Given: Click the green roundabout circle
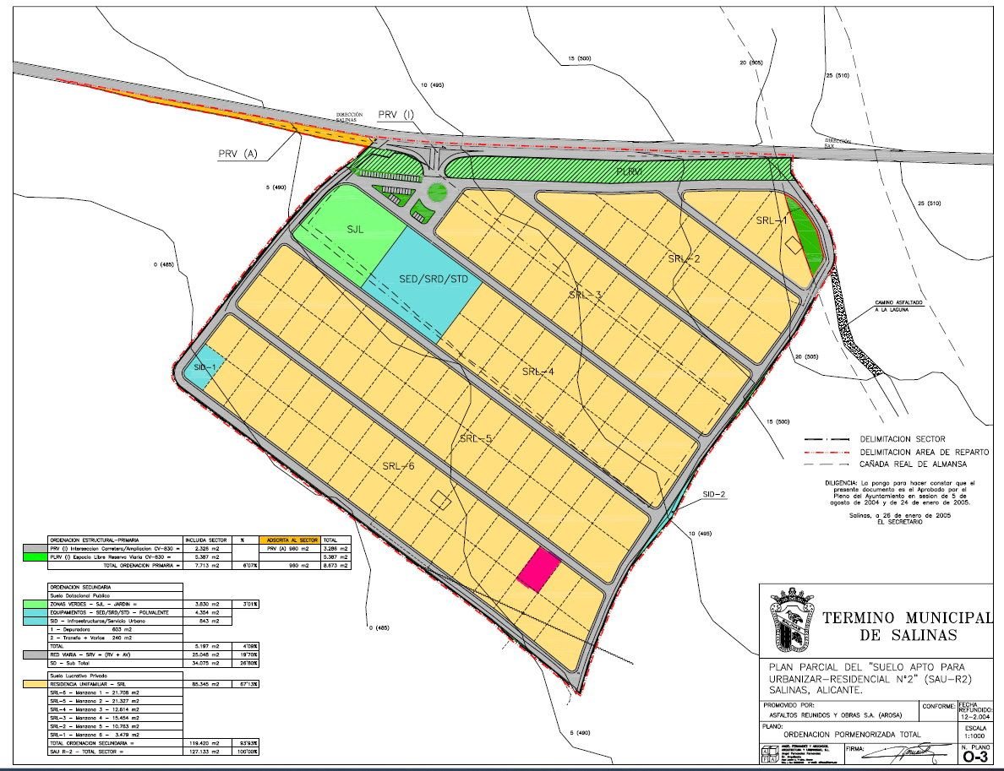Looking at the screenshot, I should point(437,192).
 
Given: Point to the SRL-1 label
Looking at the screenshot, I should point(771,220).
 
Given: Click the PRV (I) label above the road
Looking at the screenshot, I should point(397,114).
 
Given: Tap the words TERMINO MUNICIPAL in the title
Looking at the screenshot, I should point(906,618).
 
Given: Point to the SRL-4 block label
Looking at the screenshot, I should point(538,372).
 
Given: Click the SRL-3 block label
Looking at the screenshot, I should point(586,295).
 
